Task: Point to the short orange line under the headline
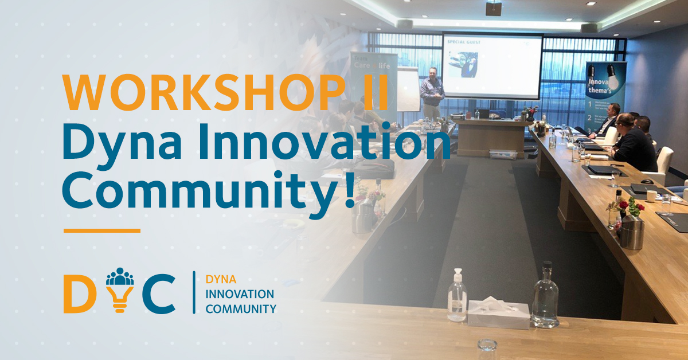tap(101, 230)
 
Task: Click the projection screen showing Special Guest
tap(492, 66)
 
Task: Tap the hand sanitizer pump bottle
tap(457, 297)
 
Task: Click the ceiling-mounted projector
tap(493, 7)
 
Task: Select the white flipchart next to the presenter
tap(408, 89)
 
